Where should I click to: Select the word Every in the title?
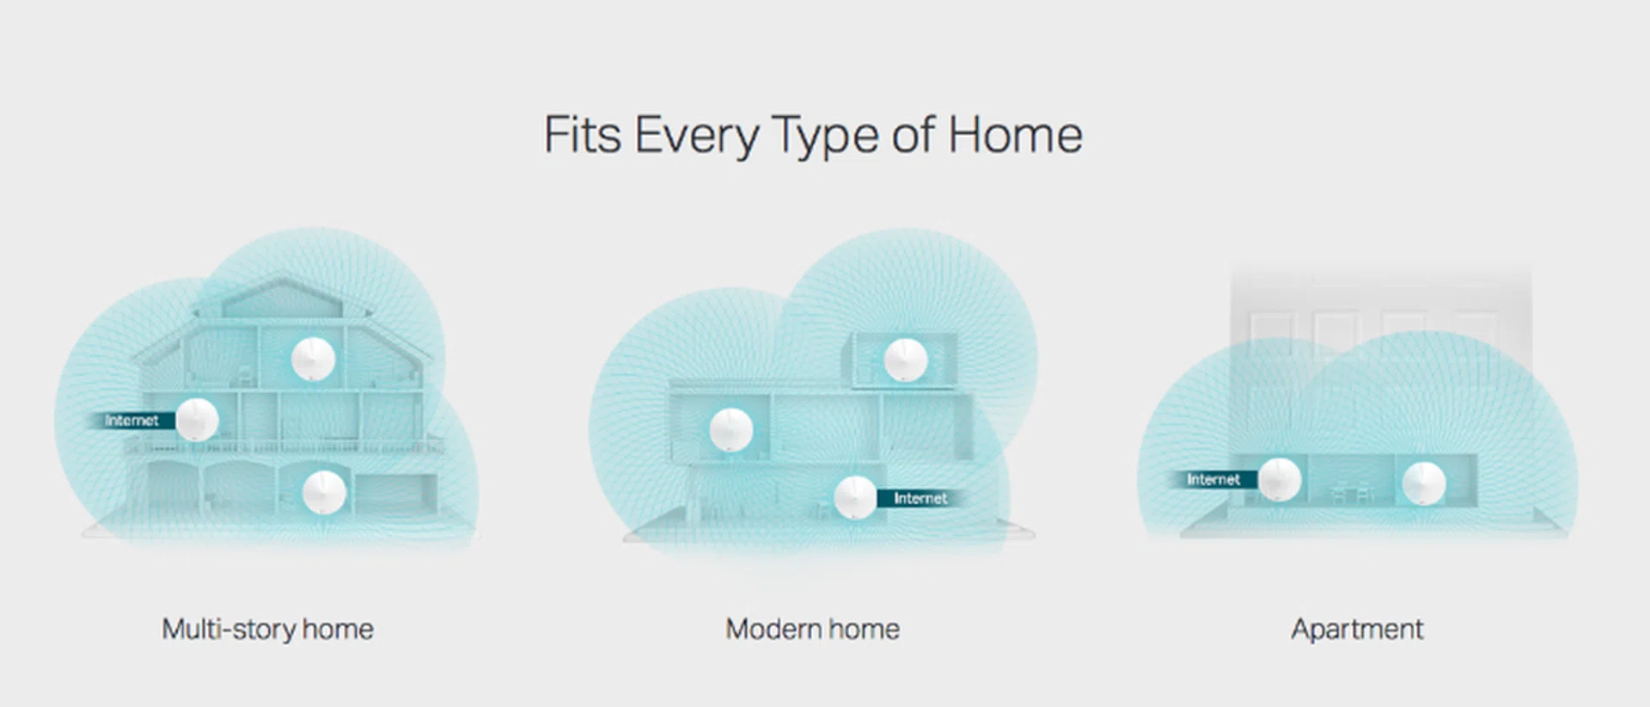point(697,138)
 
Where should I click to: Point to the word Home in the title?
point(1015,135)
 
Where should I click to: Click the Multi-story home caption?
point(267,629)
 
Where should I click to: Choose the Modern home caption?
point(812,629)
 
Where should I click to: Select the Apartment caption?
point(1357,629)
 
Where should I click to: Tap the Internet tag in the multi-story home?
point(131,421)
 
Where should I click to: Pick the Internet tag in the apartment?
point(1213,479)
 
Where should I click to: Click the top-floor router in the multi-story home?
point(313,359)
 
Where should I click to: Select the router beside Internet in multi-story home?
point(197,420)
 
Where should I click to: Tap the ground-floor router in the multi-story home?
point(325,492)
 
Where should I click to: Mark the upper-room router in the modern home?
point(906,360)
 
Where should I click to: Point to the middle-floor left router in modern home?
point(731,430)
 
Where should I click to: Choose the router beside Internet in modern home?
point(855,498)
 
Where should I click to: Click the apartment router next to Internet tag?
point(1280,479)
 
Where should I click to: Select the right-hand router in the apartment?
point(1424,483)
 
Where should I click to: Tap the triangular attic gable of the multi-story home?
point(283,298)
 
